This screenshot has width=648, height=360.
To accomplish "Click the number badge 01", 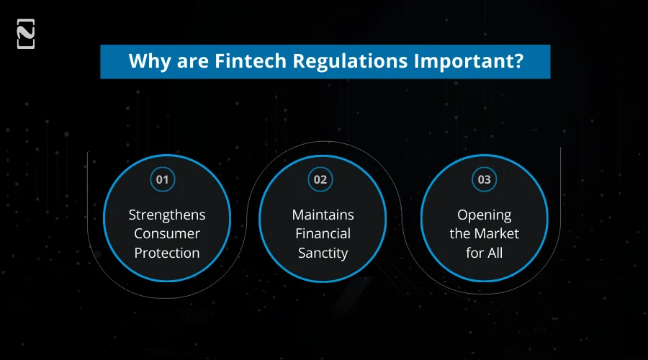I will [x=162, y=179].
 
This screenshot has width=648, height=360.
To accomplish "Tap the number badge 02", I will [x=320, y=179].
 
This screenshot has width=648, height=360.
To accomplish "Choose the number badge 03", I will [x=484, y=179].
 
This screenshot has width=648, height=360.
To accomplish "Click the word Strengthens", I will [x=167, y=215].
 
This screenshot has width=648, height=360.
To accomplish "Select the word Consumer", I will [x=167, y=233].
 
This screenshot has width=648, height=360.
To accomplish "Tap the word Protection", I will [x=167, y=253].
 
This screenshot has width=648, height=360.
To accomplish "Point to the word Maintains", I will [x=323, y=215].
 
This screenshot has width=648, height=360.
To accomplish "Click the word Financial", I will [x=323, y=233].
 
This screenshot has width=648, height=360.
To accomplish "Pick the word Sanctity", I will [x=323, y=253].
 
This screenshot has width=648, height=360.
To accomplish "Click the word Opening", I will [x=485, y=215].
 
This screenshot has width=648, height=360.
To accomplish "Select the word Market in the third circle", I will [x=498, y=233].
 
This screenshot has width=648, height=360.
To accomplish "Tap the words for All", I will [x=485, y=253].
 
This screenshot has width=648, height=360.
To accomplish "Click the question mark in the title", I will [x=518, y=61].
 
